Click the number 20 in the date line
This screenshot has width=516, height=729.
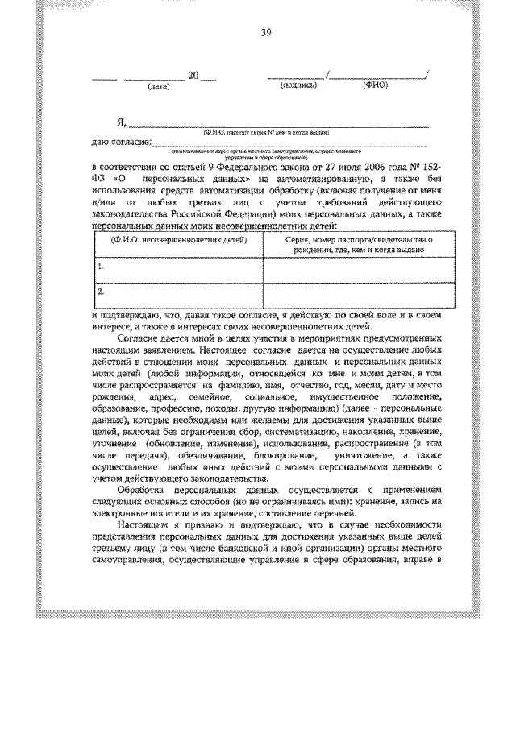[193, 76]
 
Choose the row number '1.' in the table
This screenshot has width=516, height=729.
[101, 265]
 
